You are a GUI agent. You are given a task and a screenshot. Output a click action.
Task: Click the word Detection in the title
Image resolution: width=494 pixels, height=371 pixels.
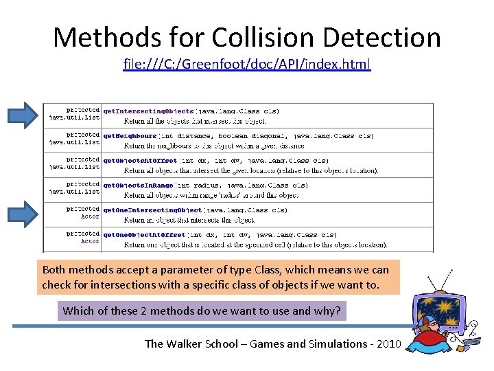click(x=373, y=37)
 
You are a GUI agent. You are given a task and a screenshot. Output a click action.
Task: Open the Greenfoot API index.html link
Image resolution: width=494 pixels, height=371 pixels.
click(x=247, y=65)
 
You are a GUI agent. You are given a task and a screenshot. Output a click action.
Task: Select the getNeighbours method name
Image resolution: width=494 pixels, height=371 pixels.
click(x=130, y=136)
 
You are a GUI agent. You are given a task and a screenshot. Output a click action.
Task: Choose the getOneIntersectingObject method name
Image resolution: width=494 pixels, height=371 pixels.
click(x=152, y=210)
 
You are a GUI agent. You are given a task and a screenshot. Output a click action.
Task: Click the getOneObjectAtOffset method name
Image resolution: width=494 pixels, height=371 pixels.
click(x=144, y=234)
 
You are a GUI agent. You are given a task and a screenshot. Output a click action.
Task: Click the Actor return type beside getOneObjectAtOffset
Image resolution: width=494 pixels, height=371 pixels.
click(x=91, y=242)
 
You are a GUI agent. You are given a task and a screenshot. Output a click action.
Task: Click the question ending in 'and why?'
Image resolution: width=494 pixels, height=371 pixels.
click(x=201, y=311)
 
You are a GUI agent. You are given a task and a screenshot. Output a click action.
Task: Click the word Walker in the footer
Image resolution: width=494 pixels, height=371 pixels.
click(x=188, y=344)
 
